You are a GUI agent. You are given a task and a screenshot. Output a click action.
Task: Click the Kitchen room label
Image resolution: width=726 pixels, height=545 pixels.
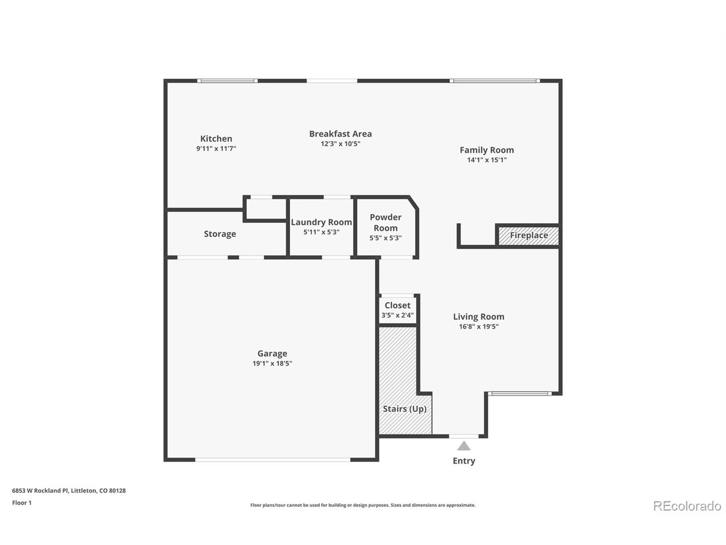216,139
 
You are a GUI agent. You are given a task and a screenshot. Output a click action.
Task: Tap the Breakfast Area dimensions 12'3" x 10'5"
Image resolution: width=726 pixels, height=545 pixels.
340,144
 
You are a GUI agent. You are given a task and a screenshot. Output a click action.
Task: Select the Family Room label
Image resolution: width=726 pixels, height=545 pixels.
486,150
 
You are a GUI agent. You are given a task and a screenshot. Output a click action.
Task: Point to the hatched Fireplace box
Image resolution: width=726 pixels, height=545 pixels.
528,236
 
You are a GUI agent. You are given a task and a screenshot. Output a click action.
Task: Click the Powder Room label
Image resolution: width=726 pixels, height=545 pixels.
385,223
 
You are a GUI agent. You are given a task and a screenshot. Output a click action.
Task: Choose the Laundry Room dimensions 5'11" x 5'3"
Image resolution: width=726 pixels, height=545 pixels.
321,232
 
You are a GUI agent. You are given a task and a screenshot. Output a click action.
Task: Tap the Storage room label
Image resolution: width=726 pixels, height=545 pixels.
220,234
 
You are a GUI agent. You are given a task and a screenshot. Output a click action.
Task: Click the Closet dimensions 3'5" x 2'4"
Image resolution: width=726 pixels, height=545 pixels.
397,315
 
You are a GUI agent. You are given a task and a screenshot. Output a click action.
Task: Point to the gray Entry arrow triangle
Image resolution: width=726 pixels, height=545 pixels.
463,446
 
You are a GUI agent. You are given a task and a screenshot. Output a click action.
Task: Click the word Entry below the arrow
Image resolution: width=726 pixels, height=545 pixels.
463,461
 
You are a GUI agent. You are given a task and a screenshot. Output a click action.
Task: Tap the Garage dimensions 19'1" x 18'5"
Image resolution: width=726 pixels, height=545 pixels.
272,363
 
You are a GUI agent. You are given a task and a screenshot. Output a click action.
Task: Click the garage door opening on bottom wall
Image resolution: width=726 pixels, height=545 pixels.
273,460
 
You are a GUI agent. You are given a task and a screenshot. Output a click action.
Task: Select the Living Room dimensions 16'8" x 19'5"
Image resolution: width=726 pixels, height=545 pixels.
478,326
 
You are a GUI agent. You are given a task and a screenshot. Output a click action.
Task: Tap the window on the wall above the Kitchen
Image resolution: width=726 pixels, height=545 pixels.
227,81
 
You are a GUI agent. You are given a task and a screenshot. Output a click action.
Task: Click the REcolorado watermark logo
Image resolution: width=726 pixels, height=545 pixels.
687,506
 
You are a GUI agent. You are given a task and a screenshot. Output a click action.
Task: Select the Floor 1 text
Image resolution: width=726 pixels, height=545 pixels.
22,503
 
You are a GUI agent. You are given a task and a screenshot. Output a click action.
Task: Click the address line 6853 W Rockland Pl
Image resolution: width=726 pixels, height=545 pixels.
69,491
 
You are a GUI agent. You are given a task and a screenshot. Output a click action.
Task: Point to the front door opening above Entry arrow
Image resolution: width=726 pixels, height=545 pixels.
463,436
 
